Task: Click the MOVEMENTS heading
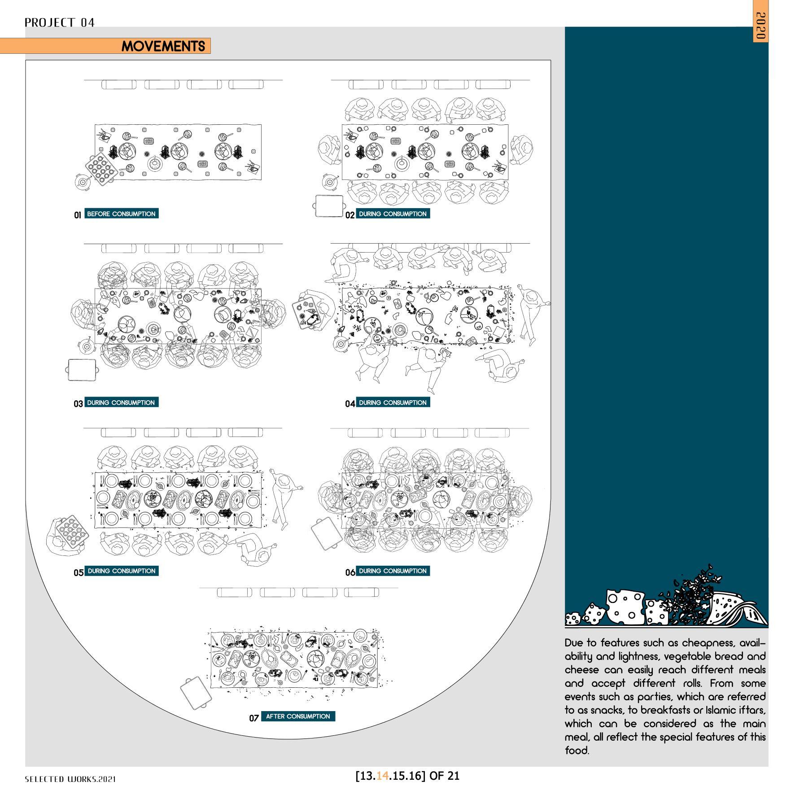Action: tap(163, 46)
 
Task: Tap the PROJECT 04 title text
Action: tap(60, 22)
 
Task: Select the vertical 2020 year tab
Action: tap(760, 26)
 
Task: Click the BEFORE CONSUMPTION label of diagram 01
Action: tap(121, 214)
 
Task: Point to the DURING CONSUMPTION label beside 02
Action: tap(393, 214)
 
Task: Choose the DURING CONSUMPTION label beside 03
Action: tap(121, 402)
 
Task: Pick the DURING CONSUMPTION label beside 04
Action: tap(393, 402)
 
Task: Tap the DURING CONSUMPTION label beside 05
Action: tap(121, 571)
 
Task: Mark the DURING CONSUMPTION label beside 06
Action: tap(393, 571)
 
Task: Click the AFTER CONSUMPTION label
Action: tap(298, 716)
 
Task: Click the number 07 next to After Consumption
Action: tap(254, 718)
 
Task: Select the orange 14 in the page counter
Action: tap(382, 776)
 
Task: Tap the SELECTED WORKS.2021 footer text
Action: tap(70, 779)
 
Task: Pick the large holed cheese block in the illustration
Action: tap(625, 607)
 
